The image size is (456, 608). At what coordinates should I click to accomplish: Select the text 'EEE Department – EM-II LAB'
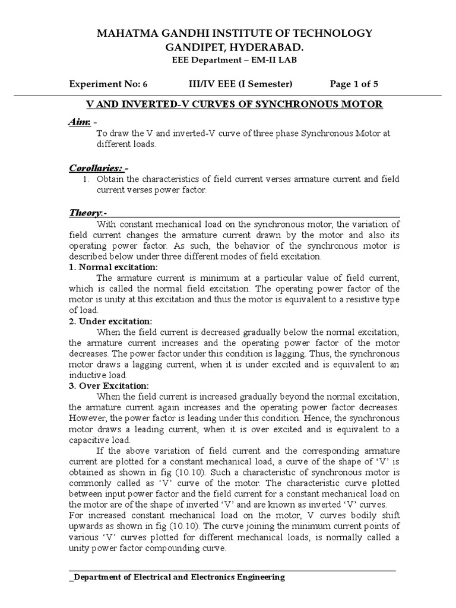point(228,61)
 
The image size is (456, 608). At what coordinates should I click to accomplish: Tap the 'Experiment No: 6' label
point(113,84)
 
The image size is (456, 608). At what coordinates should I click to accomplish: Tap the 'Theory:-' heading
point(87,213)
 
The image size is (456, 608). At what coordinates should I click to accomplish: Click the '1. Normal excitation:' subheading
point(113,267)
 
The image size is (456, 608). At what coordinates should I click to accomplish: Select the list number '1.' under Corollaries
point(85,179)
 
